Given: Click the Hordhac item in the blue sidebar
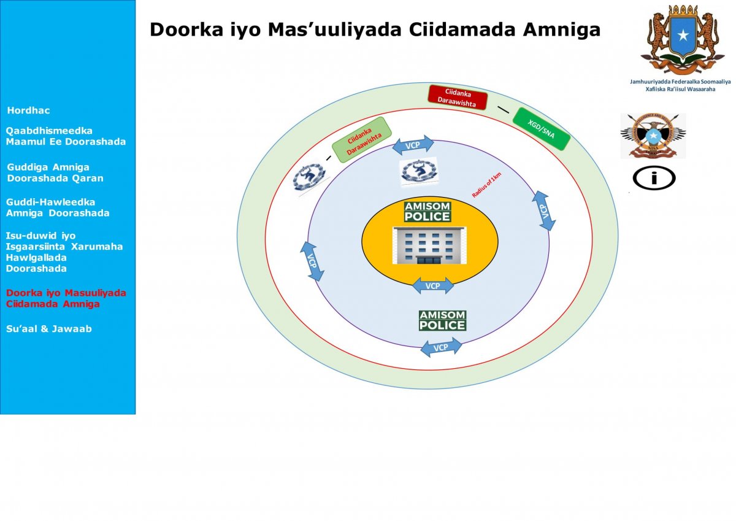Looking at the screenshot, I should tap(28, 110).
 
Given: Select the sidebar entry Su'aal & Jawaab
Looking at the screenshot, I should tap(49, 329).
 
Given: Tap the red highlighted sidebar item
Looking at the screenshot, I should tap(66, 298).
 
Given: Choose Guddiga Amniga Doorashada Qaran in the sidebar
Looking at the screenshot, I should tap(55, 172).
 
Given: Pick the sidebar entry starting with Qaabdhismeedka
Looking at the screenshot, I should tap(66, 136).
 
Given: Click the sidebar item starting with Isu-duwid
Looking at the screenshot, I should tap(64, 252).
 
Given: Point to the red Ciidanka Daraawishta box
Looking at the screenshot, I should tap(457, 98).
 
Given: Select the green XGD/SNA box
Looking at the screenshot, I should tap(541, 129).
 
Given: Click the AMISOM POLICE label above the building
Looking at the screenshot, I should tap(427, 212).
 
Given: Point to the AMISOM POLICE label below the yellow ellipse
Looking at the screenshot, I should tap(442, 320).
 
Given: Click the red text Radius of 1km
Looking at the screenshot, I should tap(486, 184).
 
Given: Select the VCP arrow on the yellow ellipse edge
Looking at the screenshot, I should tap(432, 286).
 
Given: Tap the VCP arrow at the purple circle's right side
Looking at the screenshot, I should tap(543, 210).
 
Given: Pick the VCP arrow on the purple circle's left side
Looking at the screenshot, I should tap(313, 261).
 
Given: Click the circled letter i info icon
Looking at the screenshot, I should tap(654, 179).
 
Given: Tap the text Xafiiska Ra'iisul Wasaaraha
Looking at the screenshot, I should tap(680, 89).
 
